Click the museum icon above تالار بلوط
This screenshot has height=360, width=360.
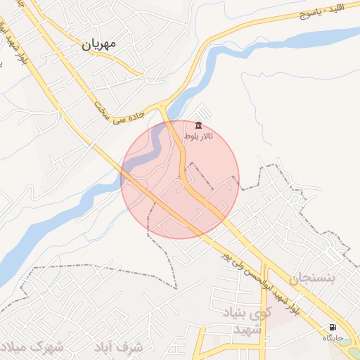click(x=199, y=125)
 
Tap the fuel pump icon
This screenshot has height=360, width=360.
click(x=332, y=327)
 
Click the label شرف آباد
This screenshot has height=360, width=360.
click(x=127, y=347)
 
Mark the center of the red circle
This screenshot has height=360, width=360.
click(x=180, y=179)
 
